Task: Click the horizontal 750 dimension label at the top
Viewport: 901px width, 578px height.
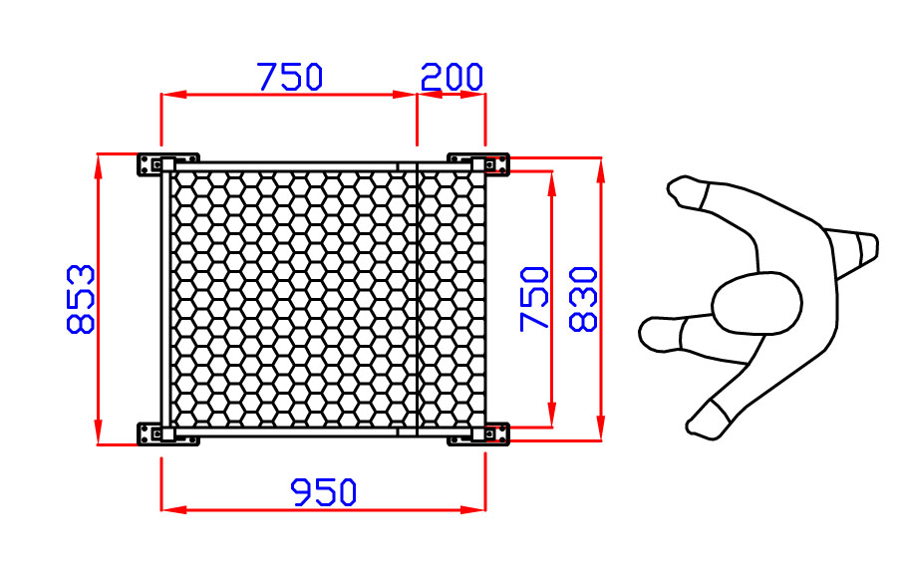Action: tap(290, 77)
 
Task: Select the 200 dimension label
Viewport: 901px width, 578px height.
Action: tap(451, 77)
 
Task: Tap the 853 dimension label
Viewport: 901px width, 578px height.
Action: tap(81, 299)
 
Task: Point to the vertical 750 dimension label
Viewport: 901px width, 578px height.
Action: tap(534, 299)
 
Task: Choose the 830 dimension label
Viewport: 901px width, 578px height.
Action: tap(583, 299)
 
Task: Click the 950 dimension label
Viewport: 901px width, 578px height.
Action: tap(324, 492)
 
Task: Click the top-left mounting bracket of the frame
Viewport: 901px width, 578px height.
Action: tap(167, 164)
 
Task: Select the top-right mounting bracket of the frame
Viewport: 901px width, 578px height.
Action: tap(478, 164)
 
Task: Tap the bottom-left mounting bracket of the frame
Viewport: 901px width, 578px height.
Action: tap(167, 433)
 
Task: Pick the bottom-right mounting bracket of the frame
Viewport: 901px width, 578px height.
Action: tap(478, 433)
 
